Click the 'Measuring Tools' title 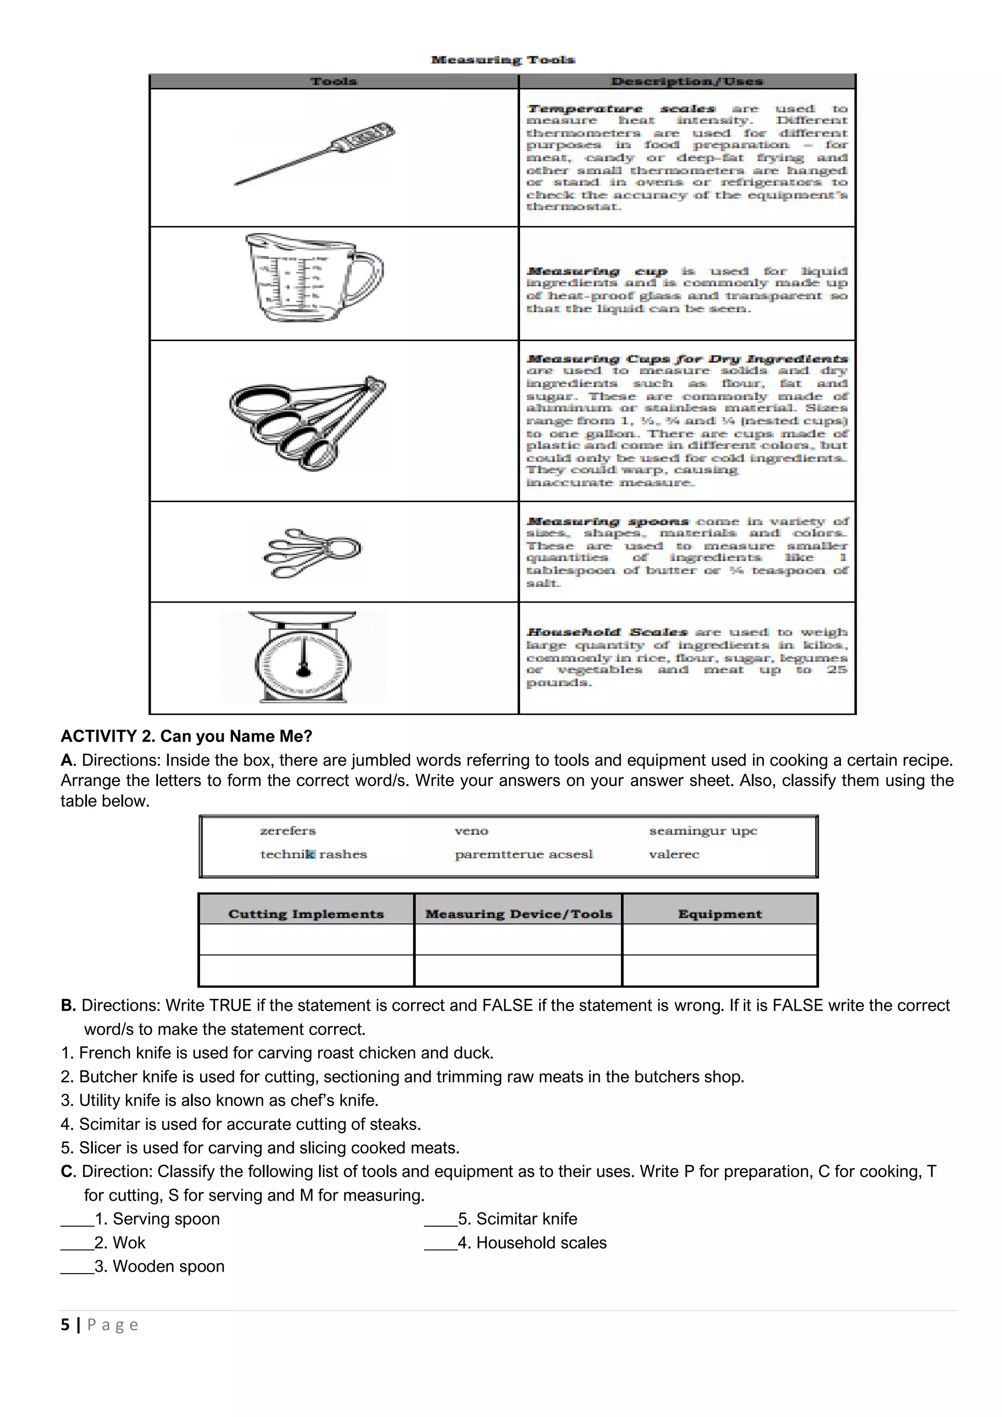pyautogui.click(x=502, y=60)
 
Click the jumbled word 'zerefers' pyautogui.click(x=288, y=831)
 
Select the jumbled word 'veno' pyautogui.click(x=471, y=831)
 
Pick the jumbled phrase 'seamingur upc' pyautogui.click(x=702, y=831)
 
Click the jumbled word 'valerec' pyautogui.click(x=674, y=854)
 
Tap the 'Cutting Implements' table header pyautogui.click(x=306, y=914)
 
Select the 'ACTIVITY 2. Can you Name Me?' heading pyautogui.click(x=186, y=736)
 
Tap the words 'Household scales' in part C pyautogui.click(x=541, y=1243)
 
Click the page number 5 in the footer pyautogui.click(x=65, y=1324)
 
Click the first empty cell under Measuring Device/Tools pyautogui.click(x=517, y=939)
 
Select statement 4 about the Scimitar pyautogui.click(x=241, y=1124)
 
